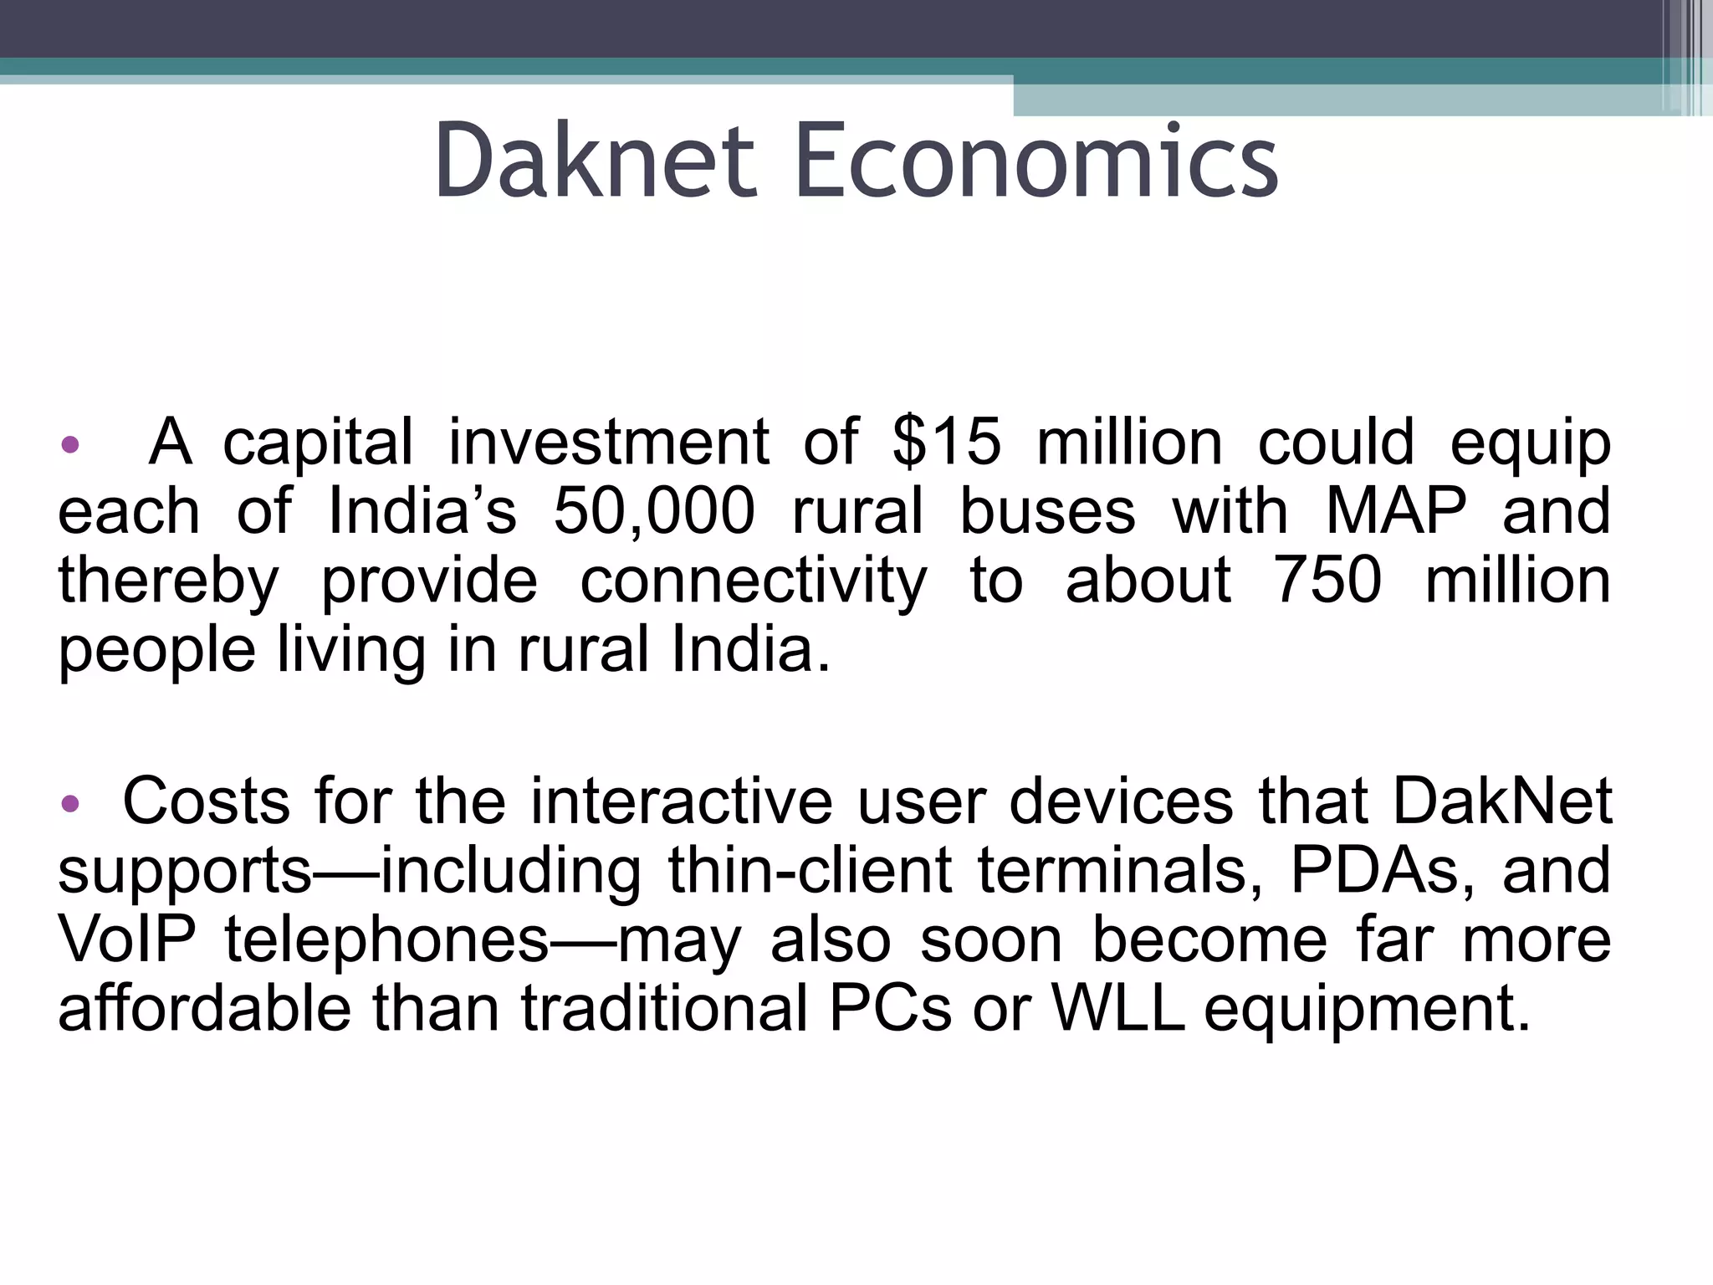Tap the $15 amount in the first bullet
946,442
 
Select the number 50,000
654,511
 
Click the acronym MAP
1397,511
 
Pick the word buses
1047,511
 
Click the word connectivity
754,581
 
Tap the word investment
609,442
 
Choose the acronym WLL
1118,1008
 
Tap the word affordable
204,1008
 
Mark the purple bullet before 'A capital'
70,443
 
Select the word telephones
386,939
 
